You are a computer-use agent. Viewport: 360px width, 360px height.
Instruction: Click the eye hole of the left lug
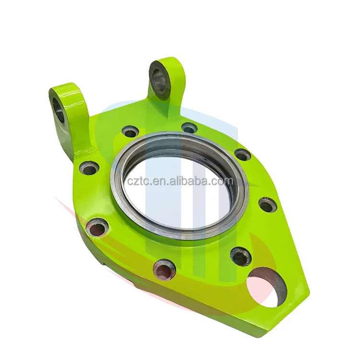click(59, 109)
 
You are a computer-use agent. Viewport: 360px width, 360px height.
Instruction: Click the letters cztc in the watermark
click(136, 181)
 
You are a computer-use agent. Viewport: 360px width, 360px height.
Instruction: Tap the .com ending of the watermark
click(223, 181)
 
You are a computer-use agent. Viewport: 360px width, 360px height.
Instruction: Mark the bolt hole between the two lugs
click(130, 131)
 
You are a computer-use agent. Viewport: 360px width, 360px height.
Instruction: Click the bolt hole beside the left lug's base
click(89, 168)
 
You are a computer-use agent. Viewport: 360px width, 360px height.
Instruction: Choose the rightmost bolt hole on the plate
click(267, 205)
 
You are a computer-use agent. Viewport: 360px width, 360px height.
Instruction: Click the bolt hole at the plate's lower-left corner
click(97, 228)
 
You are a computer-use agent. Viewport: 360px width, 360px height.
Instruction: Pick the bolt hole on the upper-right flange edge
click(242, 155)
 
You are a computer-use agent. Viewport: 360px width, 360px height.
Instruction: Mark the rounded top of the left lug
click(65, 88)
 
